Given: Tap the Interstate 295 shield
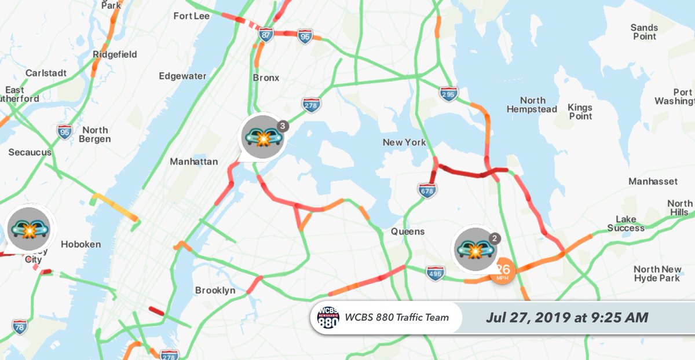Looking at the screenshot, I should point(448,94).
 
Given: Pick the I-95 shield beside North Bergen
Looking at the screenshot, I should point(65,132).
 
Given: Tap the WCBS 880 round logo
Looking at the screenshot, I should point(328,318).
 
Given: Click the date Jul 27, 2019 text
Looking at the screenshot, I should point(567,318).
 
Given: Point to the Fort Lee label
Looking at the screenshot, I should point(191,16).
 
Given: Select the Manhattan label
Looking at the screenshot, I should point(193,161).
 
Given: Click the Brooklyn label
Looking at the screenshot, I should point(215,290).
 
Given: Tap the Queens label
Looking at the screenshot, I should point(407,232).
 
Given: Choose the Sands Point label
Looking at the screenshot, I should point(644,32).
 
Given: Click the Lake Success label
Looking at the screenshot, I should point(625,223).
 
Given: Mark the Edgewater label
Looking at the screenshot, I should point(182,76).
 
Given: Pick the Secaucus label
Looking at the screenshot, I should point(30,152).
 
